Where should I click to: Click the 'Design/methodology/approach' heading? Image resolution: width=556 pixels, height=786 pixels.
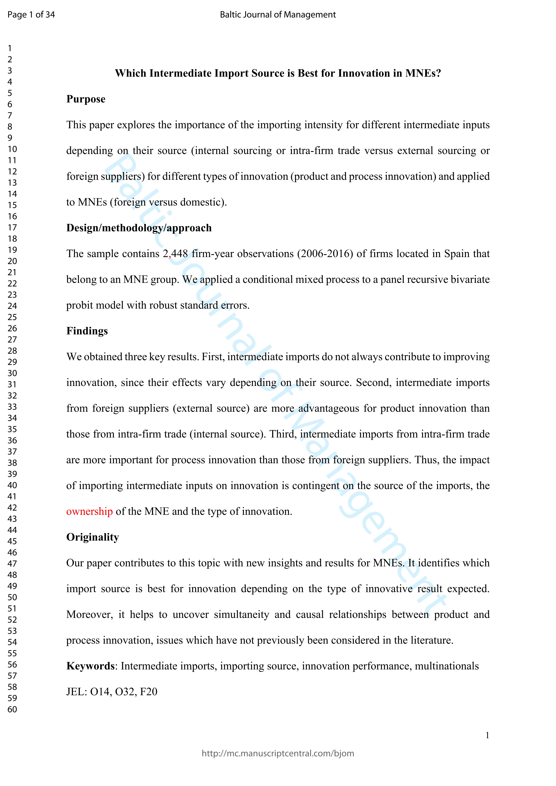[139, 228]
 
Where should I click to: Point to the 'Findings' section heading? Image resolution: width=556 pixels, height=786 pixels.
[87, 331]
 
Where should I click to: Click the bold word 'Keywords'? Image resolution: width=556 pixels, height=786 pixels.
[90, 666]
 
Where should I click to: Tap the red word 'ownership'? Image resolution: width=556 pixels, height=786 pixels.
[89, 511]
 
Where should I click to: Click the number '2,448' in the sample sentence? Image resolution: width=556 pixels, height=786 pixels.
[175, 254]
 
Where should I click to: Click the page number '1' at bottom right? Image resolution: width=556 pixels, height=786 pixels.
[487, 735]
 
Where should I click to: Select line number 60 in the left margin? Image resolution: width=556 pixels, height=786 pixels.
[12, 709]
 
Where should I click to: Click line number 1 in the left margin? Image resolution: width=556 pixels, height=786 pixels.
[10, 48]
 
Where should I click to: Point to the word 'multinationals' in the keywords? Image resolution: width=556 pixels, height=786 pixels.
[447, 666]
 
